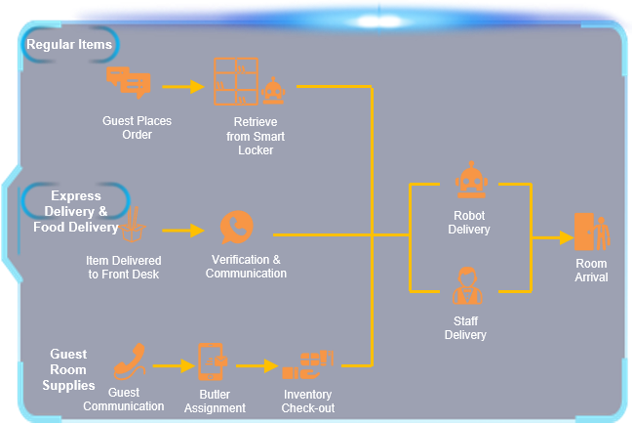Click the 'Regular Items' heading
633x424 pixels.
[69, 45]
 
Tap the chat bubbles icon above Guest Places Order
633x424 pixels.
[129, 82]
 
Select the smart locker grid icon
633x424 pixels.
[236, 81]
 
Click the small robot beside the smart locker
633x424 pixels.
[273, 91]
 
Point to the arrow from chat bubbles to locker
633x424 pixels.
[183, 87]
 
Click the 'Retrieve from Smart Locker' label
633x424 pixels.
[256, 136]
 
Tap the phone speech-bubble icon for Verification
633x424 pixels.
[237, 228]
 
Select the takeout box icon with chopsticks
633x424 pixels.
[133, 225]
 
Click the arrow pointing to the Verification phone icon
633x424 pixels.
[183, 231]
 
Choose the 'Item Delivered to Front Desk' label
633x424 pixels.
[124, 267]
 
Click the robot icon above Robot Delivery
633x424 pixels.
[471, 180]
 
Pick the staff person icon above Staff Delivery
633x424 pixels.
[467, 285]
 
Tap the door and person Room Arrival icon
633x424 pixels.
[592, 232]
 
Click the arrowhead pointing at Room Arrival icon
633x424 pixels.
[567, 237]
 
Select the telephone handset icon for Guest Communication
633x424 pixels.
[130, 361]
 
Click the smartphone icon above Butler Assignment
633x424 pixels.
[212, 361]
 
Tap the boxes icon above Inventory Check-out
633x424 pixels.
[308, 364]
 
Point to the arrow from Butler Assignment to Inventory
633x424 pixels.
[257, 365]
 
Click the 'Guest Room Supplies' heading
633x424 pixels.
[68, 369]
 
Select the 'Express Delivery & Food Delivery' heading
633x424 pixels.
[76, 211]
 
